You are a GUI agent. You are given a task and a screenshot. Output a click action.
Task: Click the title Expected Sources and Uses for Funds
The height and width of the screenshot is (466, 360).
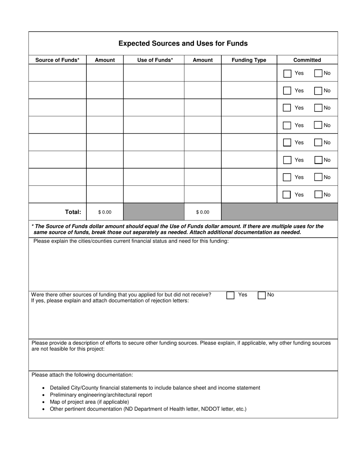coord(183,44)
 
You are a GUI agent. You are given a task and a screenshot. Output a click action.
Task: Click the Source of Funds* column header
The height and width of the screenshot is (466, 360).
coord(58,60)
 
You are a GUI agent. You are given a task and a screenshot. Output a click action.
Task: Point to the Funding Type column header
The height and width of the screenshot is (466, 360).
coord(249,60)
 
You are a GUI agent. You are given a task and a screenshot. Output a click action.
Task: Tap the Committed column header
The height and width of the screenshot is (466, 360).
coord(307,60)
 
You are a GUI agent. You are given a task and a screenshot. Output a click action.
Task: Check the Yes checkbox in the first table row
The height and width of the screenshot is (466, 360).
coord(287,73)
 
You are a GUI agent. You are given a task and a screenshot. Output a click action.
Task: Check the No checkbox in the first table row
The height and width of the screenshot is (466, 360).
coord(318,73)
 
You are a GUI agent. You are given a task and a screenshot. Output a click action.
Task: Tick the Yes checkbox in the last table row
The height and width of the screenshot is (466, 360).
coord(287,195)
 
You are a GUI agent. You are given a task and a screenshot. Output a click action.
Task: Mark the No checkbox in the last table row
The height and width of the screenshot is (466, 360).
coord(318,194)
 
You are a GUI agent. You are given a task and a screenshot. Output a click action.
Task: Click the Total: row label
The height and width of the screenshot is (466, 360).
coord(73,212)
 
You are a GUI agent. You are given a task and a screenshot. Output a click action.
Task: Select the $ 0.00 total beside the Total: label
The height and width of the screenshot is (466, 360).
coord(105,212)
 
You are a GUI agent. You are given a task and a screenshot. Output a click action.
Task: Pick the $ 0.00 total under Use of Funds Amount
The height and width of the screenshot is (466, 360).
coord(203,212)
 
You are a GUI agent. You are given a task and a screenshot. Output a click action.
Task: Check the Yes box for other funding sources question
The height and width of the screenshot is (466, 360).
coord(230,295)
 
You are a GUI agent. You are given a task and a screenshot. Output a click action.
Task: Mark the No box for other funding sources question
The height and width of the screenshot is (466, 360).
coord(261,295)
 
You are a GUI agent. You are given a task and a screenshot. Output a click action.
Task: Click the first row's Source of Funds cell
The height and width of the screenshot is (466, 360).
coord(58,73)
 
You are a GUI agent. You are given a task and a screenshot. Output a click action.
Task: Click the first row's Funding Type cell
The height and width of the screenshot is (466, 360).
coord(249,73)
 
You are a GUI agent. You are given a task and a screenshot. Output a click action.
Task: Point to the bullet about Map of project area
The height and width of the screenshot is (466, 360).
coord(89,402)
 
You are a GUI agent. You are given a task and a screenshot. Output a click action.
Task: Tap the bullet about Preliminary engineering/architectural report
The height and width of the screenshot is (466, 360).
coord(101,395)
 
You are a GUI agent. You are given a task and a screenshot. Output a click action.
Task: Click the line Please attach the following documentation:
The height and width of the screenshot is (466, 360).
coord(82,375)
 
